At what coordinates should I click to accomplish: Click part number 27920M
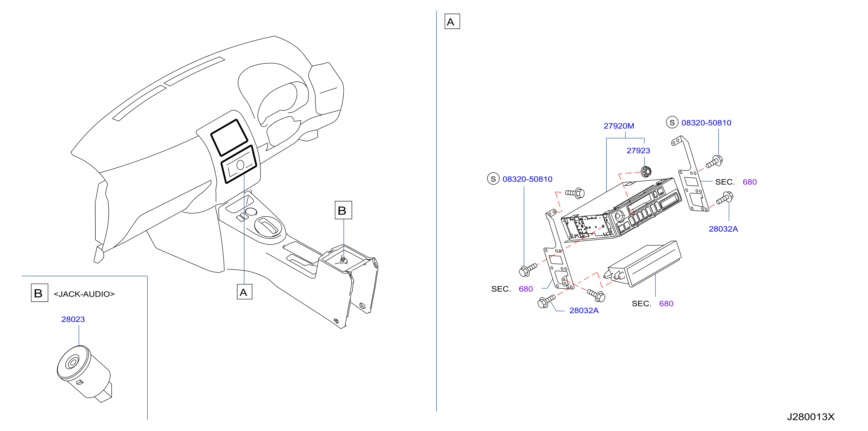(x=619, y=126)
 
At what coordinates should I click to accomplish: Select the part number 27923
(x=638, y=150)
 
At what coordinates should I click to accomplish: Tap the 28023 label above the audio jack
(x=73, y=319)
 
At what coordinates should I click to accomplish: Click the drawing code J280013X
(x=811, y=417)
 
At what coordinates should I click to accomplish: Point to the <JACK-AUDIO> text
(x=84, y=294)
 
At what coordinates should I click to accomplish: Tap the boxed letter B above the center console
(x=343, y=210)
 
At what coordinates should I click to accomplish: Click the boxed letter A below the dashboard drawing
(x=244, y=292)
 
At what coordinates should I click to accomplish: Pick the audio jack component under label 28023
(x=83, y=372)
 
